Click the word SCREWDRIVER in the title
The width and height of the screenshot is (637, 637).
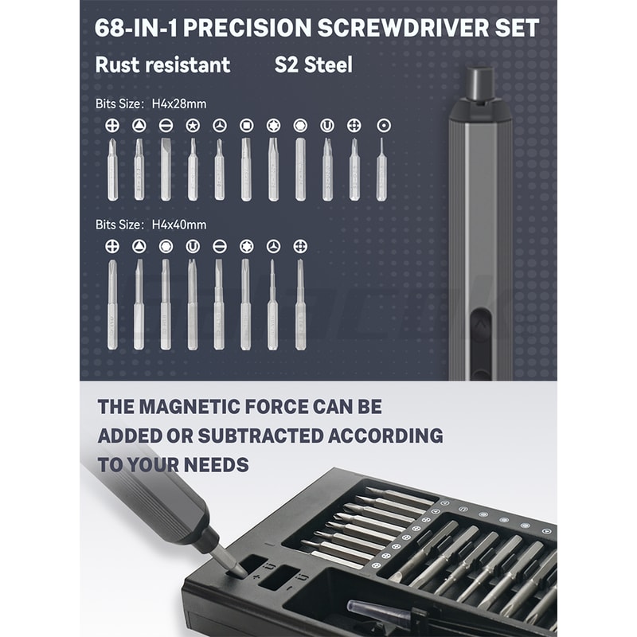[x=397, y=28]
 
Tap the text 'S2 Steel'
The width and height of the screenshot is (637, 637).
[x=313, y=65]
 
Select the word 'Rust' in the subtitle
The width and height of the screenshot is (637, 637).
[x=115, y=65]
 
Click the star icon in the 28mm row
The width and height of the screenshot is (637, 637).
[x=192, y=125]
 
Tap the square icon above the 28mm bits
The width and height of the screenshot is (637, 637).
[x=246, y=125]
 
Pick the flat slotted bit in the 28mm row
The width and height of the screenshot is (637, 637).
[x=166, y=169]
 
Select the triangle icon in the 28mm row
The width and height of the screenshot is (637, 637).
[x=139, y=125]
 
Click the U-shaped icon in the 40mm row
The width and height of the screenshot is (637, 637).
[x=192, y=246]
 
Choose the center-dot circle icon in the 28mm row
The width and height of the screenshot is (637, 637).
[x=382, y=125]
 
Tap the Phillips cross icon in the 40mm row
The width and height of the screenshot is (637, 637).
[x=112, y=246]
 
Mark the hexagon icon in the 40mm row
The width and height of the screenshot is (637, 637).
[x=166, y=246]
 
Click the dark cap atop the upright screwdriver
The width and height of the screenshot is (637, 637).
[x=479, y=84]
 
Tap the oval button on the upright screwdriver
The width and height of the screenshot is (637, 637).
[x=479, y=327]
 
